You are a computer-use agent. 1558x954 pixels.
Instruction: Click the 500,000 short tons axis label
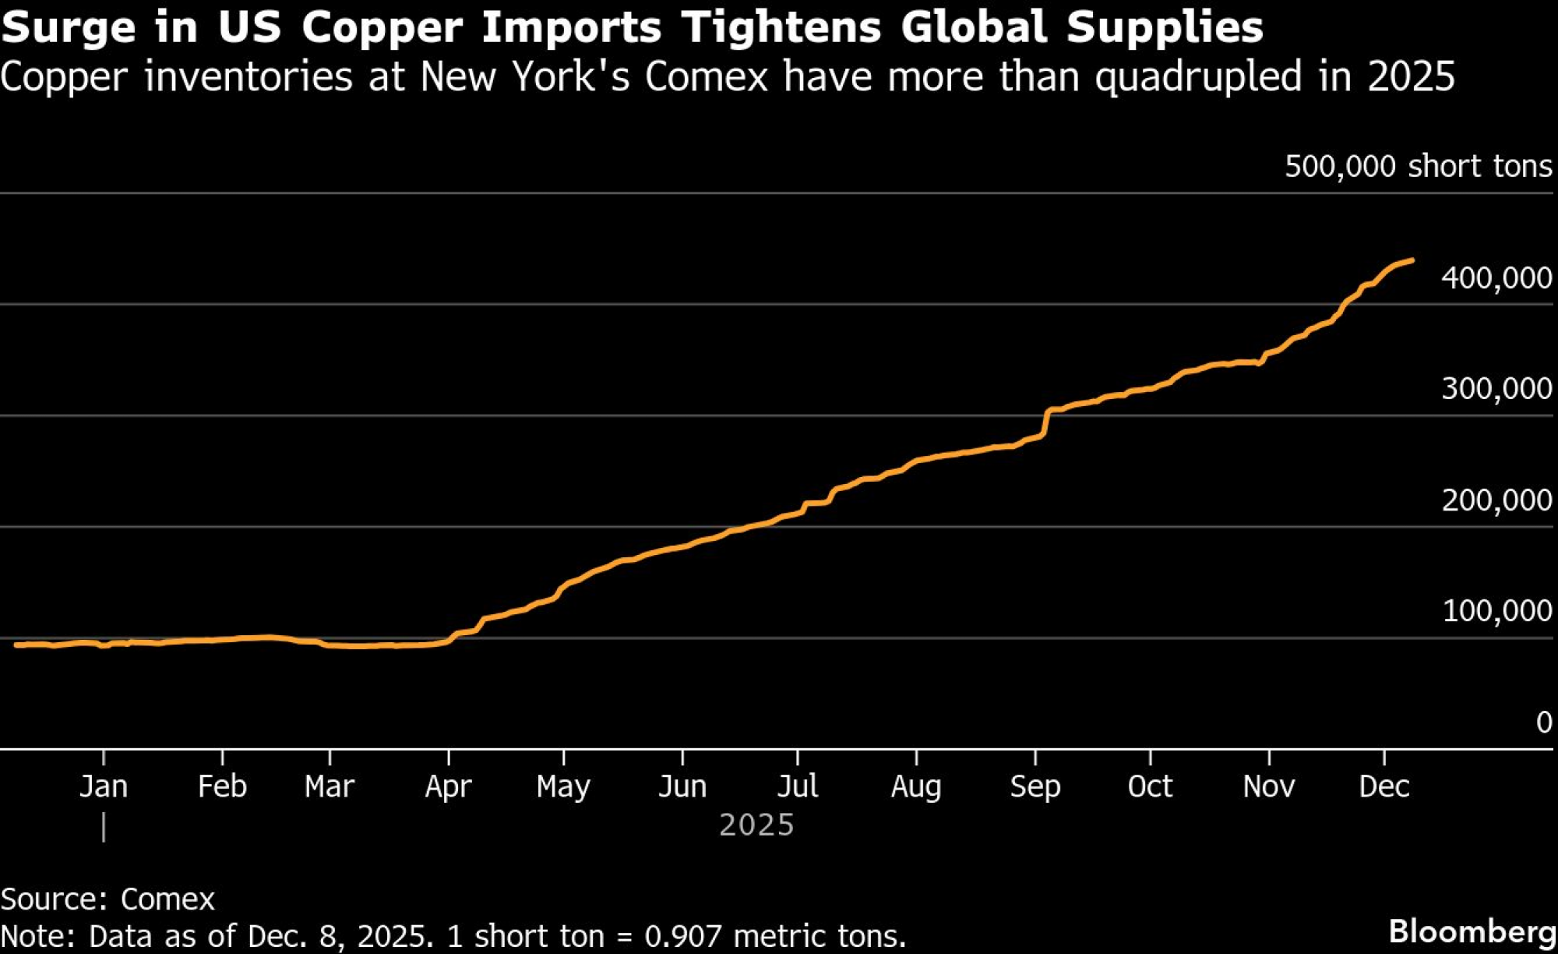(1418, 166)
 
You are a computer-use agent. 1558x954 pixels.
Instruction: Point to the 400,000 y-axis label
(1496, 277)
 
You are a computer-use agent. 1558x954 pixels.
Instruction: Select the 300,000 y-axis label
(1496, 388)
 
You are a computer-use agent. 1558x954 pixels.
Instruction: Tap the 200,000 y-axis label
(1496, 500)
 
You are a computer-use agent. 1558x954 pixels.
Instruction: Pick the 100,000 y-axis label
(1496, 610)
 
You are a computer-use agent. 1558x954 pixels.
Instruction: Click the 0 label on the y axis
(1544, 722)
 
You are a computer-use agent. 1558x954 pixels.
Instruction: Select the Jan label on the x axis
(104, 786)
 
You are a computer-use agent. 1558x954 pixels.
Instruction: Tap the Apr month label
(449, 787)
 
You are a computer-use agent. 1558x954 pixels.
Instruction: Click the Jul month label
(798, 786)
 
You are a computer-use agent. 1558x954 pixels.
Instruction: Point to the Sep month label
(1035, 787)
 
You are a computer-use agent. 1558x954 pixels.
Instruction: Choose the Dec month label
(1384, 786)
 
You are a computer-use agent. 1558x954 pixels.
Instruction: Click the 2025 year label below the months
(756, 825)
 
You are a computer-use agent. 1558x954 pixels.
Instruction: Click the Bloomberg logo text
(1472, 932)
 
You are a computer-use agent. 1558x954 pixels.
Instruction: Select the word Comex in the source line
(167, 899)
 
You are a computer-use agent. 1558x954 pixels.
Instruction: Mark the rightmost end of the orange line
(1412, 260)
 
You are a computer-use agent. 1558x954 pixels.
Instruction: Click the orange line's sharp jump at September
(1045, 421)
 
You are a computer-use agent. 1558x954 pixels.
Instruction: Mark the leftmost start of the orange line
(16, 645)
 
